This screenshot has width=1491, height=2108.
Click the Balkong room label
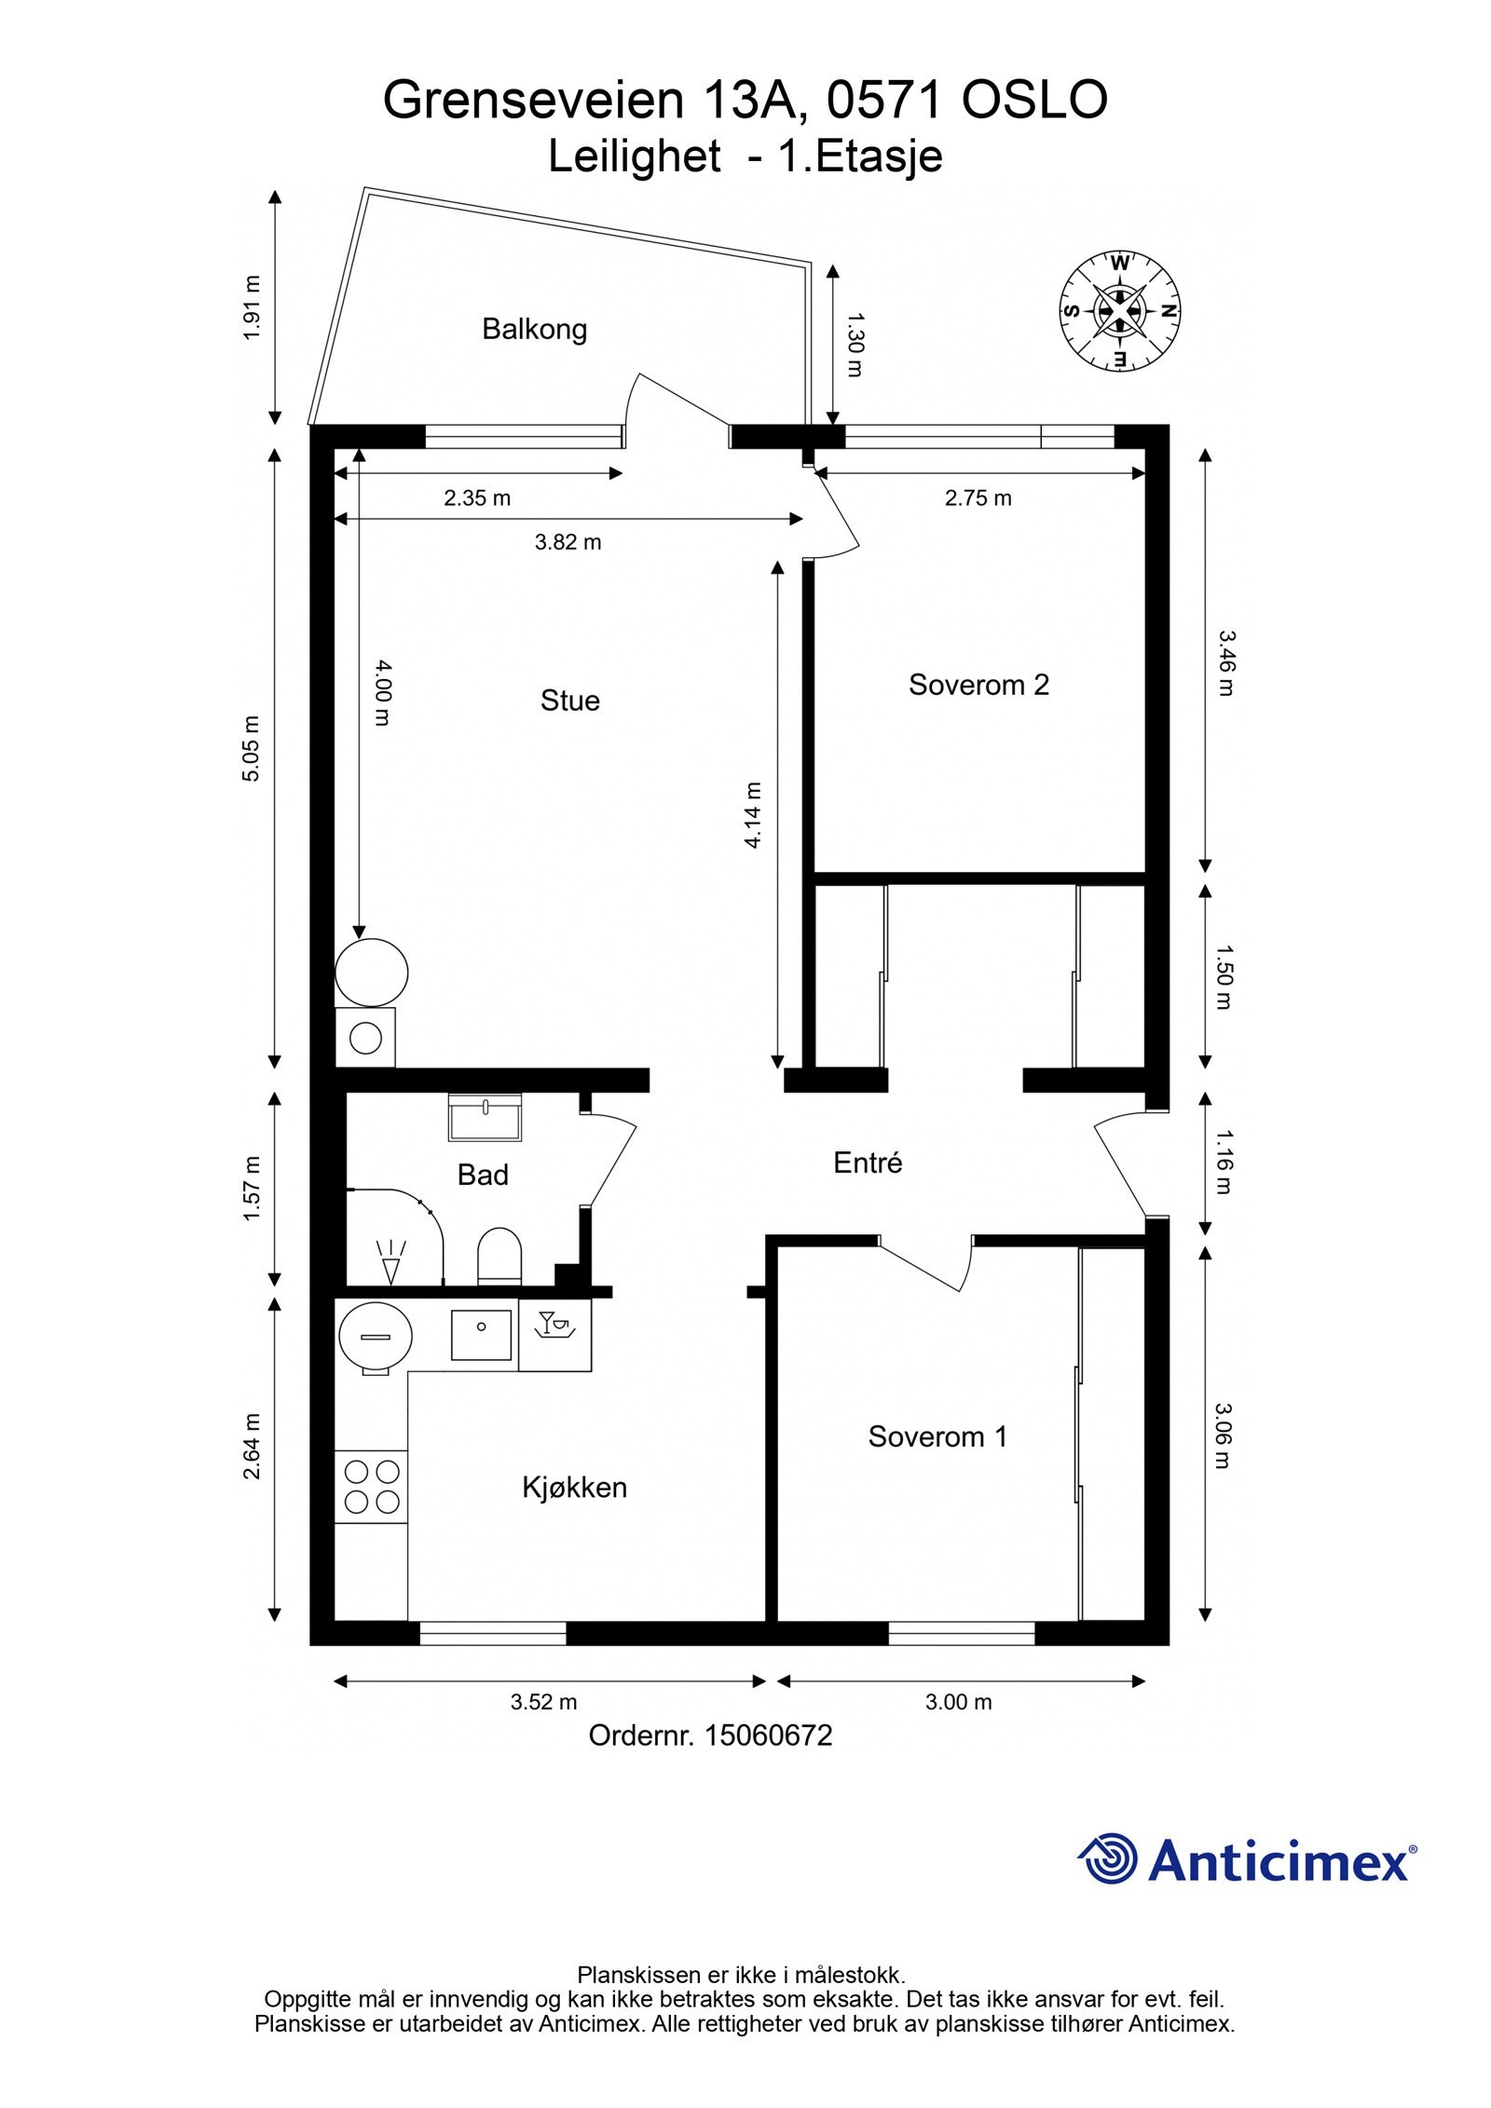534,329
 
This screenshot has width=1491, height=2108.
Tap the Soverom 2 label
978,685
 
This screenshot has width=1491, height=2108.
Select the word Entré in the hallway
868,1163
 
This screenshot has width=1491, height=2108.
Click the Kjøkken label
574,1487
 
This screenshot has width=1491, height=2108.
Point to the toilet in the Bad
499,1256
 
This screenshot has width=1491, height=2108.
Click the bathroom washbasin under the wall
485,1117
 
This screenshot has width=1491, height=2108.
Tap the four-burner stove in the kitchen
372,1487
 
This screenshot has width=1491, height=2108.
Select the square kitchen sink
481,1335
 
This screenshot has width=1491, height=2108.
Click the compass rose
1119,311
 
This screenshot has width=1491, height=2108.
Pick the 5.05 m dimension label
251,748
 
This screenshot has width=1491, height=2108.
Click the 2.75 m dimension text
978,498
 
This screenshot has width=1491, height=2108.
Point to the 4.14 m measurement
753,815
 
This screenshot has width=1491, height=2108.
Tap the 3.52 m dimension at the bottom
543,1702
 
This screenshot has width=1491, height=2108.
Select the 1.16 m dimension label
1224,1162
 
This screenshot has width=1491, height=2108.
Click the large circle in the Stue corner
371,972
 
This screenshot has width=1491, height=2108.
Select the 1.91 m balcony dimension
251,307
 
